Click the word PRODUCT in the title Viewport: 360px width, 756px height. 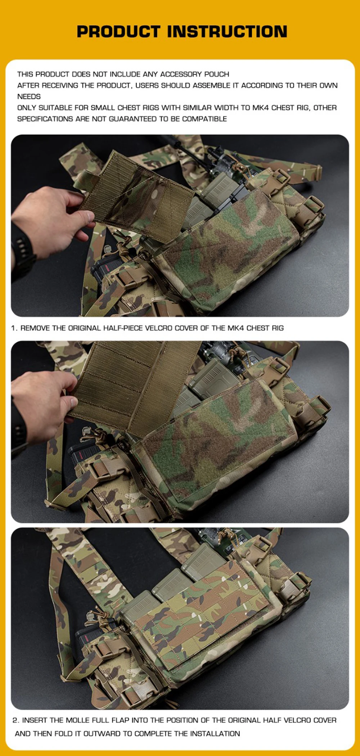click(x=118, y=31)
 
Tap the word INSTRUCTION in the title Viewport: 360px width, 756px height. click(x=228, y=31)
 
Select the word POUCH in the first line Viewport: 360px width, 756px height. click(x=217, y=74)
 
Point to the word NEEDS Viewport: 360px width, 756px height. click(x=29, y=96)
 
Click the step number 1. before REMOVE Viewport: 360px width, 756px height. click(x=14, y=328)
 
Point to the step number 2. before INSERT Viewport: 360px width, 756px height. click(x=16, y=720)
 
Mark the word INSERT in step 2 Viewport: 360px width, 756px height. click(x=34, y=720)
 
